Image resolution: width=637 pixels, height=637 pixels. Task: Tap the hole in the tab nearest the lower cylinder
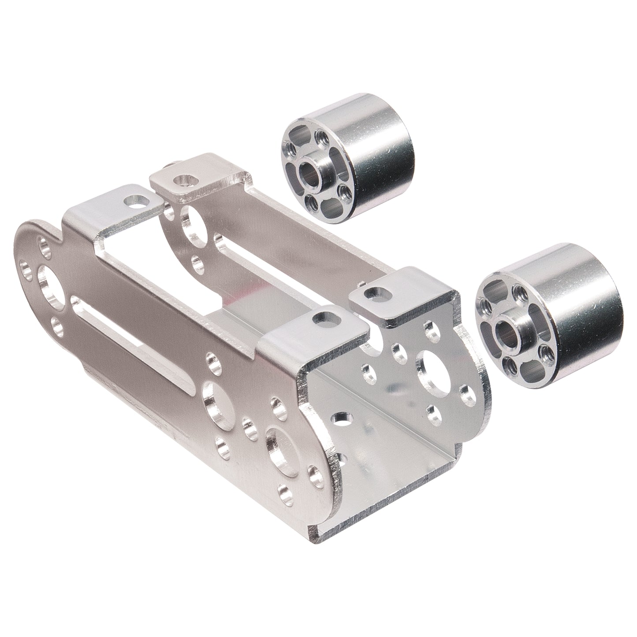376,291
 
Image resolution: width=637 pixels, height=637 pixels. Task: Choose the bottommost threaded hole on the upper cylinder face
313,201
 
